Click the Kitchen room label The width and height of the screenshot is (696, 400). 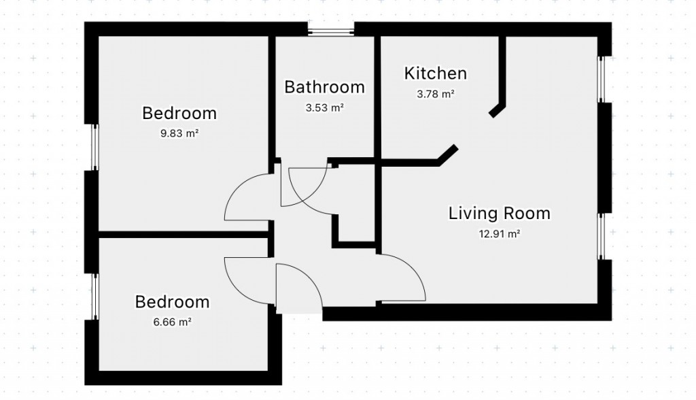point(435,73)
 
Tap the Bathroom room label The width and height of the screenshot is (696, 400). point(324,87)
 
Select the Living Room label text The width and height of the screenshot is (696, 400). point(499,214)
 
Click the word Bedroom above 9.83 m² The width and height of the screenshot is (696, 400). point(179,113)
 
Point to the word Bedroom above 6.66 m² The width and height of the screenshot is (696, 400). point(172,301)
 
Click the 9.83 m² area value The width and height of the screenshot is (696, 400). point(179,134)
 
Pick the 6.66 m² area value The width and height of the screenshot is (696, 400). point(172,322)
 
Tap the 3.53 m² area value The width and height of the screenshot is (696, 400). point(324,107)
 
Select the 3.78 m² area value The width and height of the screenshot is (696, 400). point(435,94)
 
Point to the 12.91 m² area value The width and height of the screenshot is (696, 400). point(499,235)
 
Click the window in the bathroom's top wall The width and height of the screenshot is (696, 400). point(330,30)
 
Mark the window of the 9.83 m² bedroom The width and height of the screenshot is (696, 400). point(94,148)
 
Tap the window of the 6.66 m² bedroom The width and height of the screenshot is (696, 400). point(94,296)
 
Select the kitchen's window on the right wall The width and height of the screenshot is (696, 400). point(602,79)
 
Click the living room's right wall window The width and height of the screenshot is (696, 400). point(602,235)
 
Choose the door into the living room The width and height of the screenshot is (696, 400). point(402,279)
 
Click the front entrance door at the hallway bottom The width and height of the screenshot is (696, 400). point(299,288)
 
